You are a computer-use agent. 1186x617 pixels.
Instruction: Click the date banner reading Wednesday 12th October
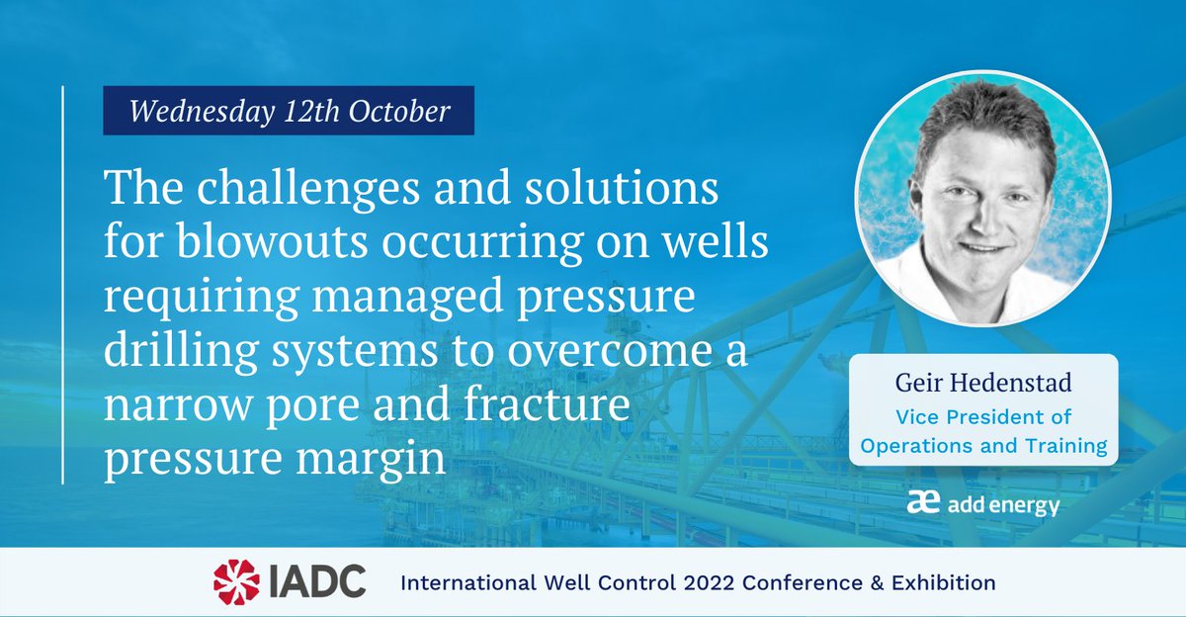(x=289, y=111)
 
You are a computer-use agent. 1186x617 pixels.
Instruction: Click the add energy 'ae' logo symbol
(x=923, y=504)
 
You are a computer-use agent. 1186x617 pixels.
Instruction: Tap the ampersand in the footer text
(x=864, y=582)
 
